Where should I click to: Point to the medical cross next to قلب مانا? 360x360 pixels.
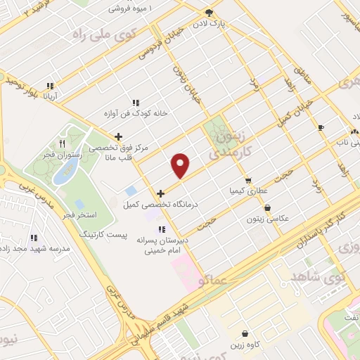[118, 136]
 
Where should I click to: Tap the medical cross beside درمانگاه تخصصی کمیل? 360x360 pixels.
[161, 193]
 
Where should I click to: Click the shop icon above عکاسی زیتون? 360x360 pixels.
[267, 207]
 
